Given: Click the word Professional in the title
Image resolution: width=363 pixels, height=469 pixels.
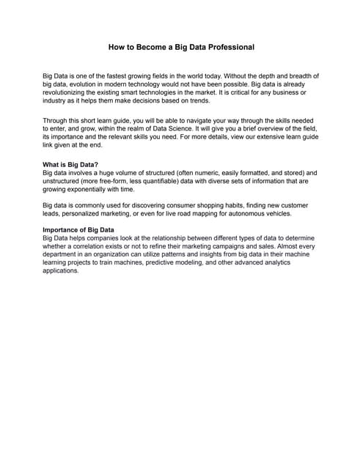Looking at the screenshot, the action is (224, 48).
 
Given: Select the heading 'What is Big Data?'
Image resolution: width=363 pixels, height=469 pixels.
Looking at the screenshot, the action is (70, 165).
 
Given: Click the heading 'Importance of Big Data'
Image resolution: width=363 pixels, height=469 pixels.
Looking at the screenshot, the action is (78, 230).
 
